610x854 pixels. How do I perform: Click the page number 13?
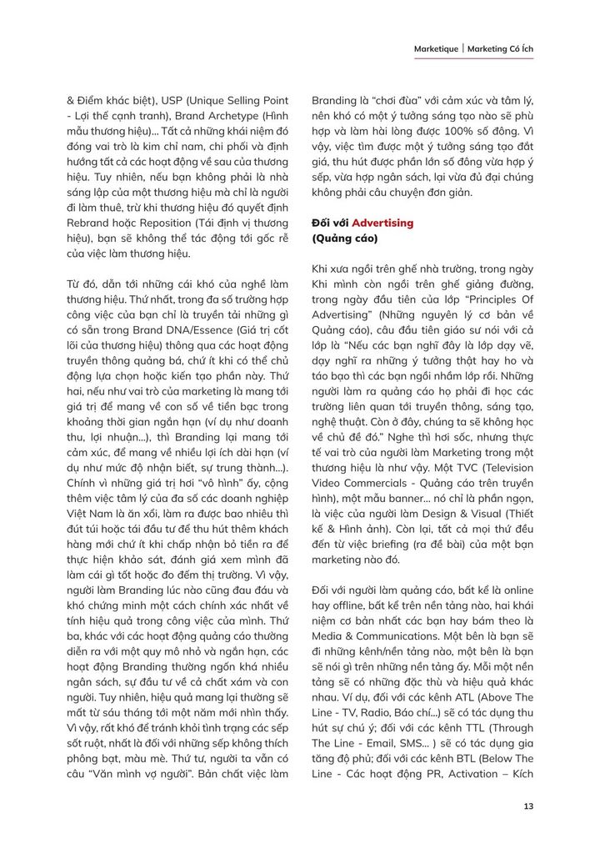point(528,806)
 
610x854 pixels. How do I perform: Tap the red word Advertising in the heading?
point(382,224)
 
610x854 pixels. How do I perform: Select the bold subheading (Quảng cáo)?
point(345,239)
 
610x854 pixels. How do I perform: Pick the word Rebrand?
point(87,224)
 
